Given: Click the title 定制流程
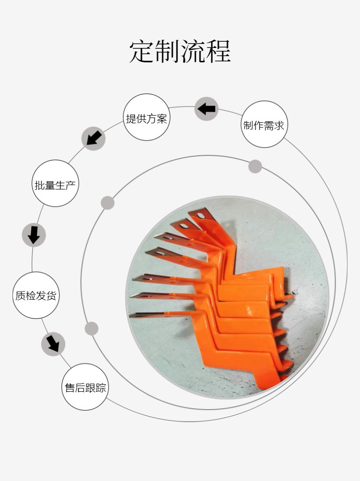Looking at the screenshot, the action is click(180, 51).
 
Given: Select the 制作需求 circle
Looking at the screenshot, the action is click(264, 124).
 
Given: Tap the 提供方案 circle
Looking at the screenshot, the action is click(146, 117).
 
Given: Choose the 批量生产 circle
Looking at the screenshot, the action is click(55, 183).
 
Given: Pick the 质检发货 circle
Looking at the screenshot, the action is click(36, 295).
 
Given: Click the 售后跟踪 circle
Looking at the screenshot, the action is click(85, 387).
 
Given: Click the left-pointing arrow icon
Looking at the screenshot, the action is click(206, 108).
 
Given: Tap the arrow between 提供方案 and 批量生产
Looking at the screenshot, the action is click(94, 138).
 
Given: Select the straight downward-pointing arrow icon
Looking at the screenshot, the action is click(34, 235).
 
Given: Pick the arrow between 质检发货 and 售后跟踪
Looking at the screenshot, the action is click(53, 344).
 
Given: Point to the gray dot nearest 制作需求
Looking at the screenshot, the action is click(255, 166).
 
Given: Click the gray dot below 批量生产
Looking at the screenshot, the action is click(108, 203).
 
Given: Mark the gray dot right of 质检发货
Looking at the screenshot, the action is click(91, 328).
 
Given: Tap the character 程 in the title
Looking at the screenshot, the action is click(218, 51).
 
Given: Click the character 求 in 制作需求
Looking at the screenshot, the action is click(279, 125).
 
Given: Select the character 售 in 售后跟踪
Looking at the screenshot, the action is click(70, 387).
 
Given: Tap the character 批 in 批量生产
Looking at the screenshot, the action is click(40, 185).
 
